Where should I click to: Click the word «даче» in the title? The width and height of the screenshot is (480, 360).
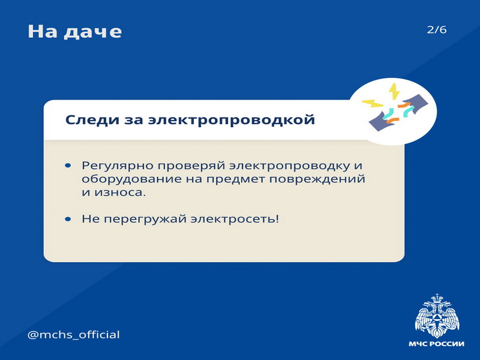(x=92, y=32)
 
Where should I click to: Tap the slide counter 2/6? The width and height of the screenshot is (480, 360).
(x=437, y=29)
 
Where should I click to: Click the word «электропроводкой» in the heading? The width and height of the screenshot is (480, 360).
(x=232, y=119)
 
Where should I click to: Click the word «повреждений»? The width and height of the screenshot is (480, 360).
(x=317, y=179)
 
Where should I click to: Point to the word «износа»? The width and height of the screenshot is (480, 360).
(x=120, y=193)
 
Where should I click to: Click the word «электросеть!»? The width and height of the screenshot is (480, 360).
(x=235, y=219)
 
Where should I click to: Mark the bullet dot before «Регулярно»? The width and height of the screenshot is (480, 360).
(x=68, y=166)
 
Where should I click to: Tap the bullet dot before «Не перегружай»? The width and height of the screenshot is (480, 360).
(x=68, y=219)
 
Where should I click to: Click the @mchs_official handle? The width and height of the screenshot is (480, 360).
(x=73, y=335)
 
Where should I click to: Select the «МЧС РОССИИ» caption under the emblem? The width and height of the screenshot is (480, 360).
(x=436, y=344)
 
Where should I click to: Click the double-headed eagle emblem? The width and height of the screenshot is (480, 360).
(x=437, y=316)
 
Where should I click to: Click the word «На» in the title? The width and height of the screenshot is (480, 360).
(x=43, y=31)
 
